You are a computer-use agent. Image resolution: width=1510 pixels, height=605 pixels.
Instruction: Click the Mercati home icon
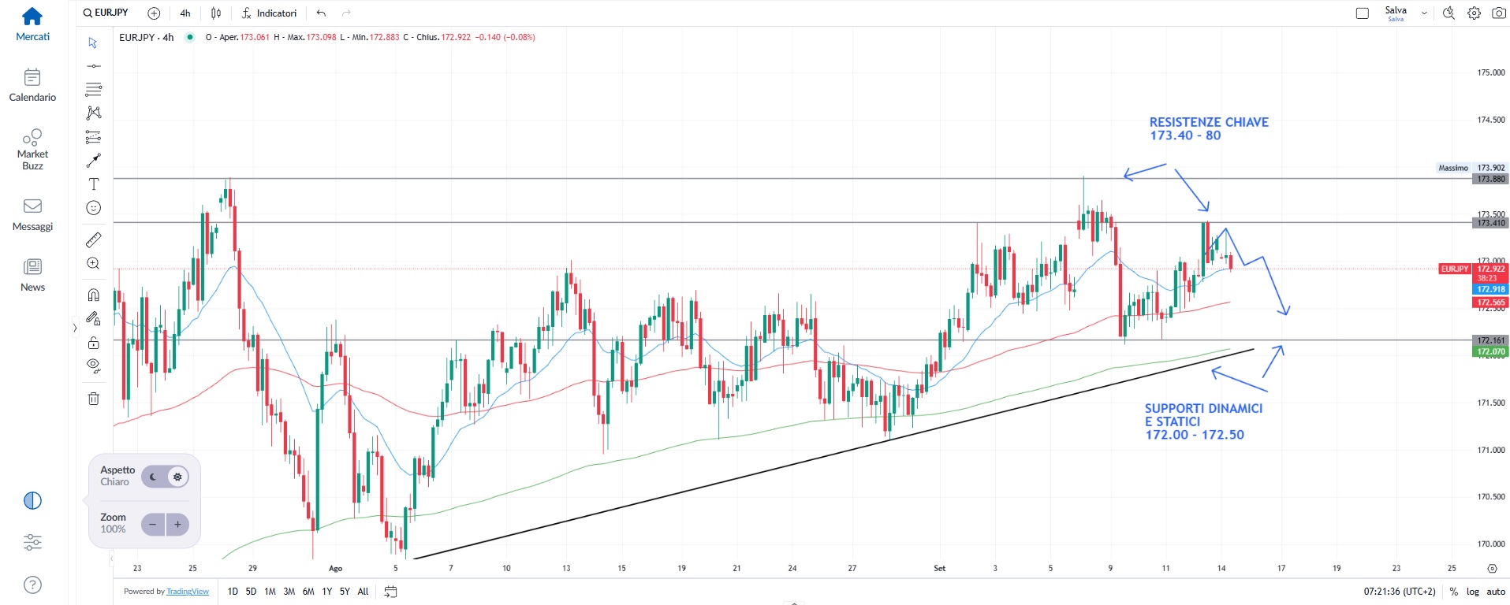click(x=32, y=17)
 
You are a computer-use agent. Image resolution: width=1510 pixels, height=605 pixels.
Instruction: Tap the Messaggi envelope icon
click(x=32, y=206)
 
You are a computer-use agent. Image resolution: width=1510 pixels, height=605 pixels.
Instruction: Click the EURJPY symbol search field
click(x=106, y=13)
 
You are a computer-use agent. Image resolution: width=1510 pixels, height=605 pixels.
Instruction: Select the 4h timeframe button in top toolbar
click(x=185, y=13)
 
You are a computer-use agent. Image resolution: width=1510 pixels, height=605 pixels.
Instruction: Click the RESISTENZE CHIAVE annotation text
click(x=1208, y=128)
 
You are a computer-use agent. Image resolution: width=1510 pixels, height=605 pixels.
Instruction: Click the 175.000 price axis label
click(x=1490, y=72)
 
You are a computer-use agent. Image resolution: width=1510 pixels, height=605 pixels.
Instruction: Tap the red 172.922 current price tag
click(x=1490, y=269)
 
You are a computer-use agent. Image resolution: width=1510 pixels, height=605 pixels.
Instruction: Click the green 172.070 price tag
click(x=1490, y=351)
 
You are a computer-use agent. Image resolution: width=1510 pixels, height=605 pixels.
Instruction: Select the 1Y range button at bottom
click(x=326, y=592)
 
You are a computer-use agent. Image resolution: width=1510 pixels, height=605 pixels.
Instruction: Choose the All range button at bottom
click(x=363, y=592)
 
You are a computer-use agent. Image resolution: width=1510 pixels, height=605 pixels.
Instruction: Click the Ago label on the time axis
click(x=336, y=568)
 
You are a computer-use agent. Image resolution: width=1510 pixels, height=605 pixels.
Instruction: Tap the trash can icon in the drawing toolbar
click(x=93, y=398)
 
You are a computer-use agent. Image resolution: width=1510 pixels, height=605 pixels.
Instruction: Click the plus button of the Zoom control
click(x=177, y=524)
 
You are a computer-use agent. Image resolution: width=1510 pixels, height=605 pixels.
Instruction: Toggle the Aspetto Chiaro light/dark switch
click(x=165, y=477)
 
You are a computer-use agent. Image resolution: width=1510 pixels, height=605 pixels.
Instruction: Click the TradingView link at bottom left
click(x=188, y=592)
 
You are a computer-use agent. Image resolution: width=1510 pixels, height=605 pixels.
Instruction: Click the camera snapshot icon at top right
click(x=1499, y=13)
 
